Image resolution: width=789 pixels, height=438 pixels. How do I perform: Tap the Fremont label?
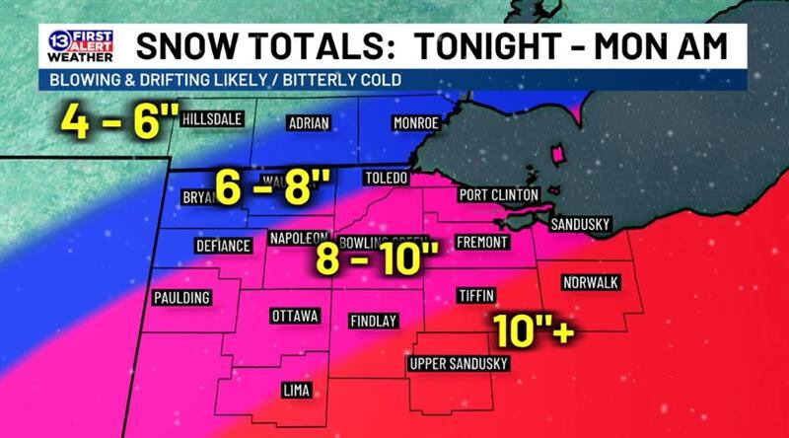[x=482, y=242]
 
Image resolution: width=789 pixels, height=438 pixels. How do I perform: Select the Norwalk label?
[x=591, y=283]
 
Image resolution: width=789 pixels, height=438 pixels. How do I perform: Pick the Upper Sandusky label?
[x=459, y=364]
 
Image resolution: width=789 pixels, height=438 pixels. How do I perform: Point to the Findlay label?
[x=374, y=321]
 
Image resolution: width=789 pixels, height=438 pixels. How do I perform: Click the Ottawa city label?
[x=295, y=317]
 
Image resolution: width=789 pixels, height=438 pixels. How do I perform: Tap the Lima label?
[x=296, y=391]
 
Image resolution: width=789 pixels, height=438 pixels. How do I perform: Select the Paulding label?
[x=181, y=298]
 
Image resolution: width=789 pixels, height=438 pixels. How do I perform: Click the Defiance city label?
[x=223, y=246]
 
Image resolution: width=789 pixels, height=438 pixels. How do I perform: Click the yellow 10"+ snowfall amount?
[x=535, y=329]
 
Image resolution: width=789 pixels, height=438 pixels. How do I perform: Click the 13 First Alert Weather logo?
[x=80, y=46]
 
